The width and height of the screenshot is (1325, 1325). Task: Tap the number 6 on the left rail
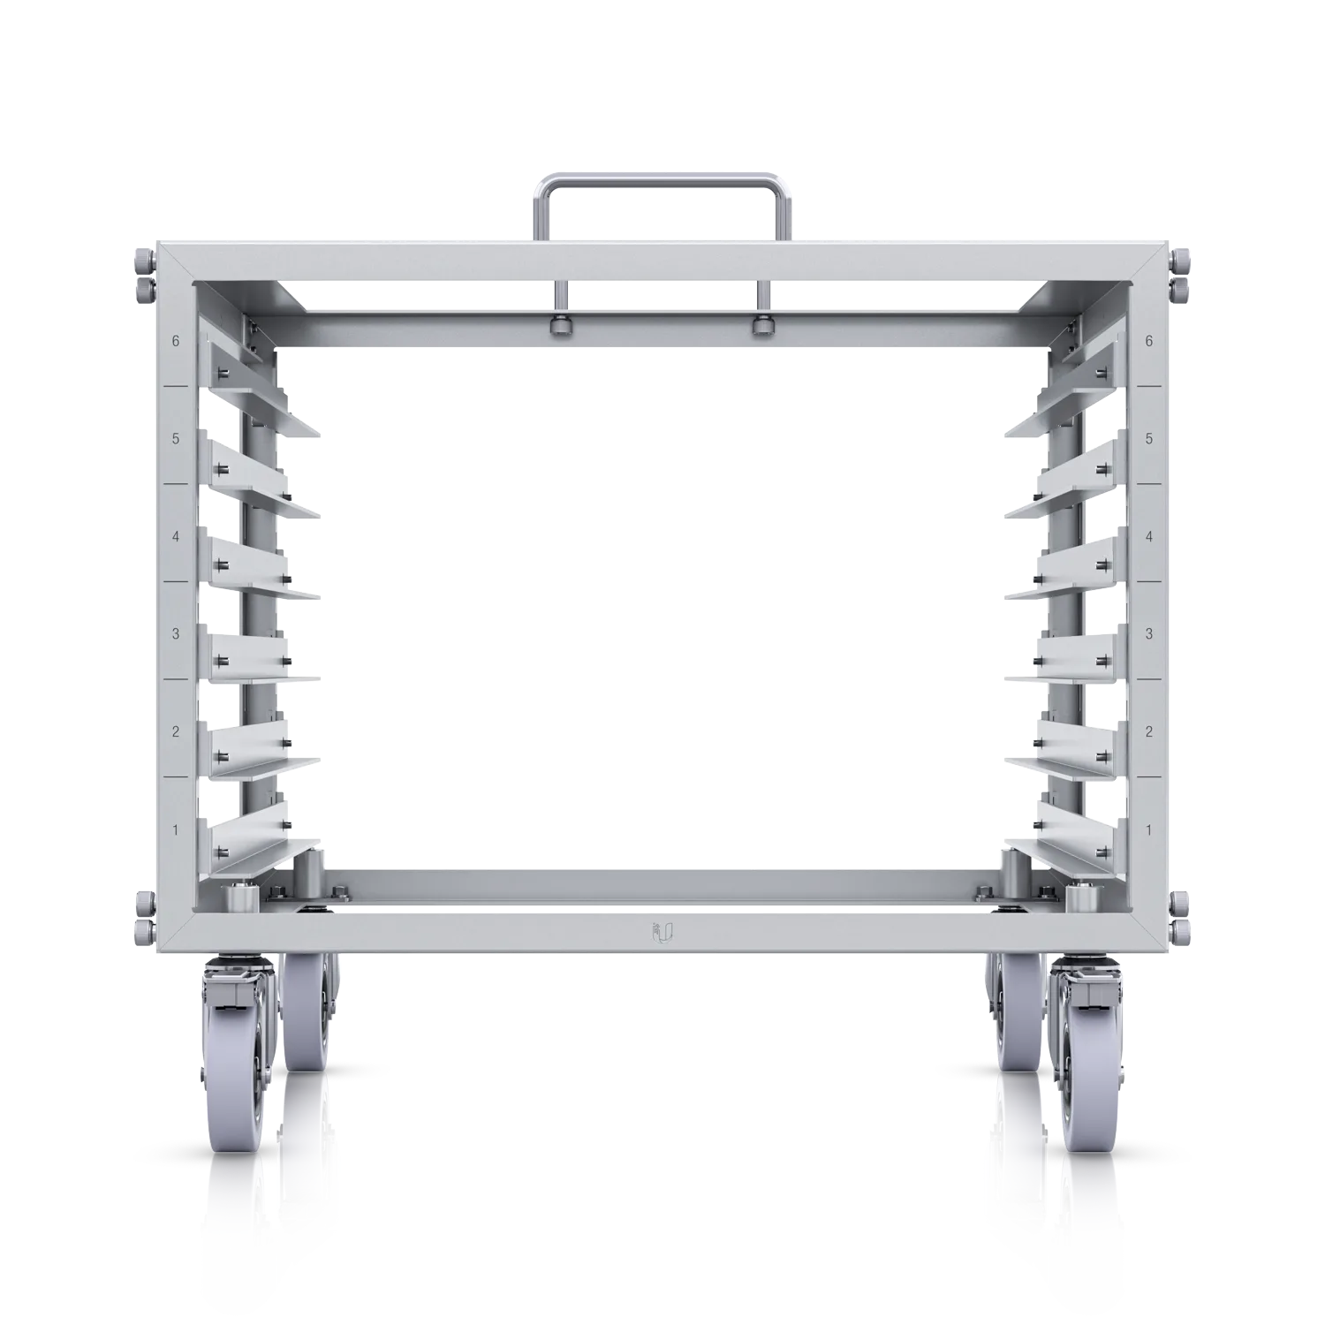[176, 341]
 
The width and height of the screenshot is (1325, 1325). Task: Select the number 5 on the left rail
[176, 439]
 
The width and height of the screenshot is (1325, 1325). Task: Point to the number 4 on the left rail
[176, 536]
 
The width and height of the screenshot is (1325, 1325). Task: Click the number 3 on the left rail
[176, 634]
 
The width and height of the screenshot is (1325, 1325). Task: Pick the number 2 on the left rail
[176, 732]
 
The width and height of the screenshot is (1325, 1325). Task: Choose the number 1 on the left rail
[176, 830]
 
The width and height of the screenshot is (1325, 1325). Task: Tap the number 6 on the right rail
[1148, 341]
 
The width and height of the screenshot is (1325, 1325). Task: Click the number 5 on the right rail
[1148, 439]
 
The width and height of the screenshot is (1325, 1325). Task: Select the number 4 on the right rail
[1148, 536]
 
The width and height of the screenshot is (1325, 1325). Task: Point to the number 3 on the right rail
[1148, 634]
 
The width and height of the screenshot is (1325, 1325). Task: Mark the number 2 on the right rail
[1148, 732]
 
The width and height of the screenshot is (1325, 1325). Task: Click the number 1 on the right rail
[1148, 830]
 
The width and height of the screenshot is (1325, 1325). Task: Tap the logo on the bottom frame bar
[662, 932]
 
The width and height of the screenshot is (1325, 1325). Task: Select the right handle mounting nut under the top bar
[761, 326]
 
